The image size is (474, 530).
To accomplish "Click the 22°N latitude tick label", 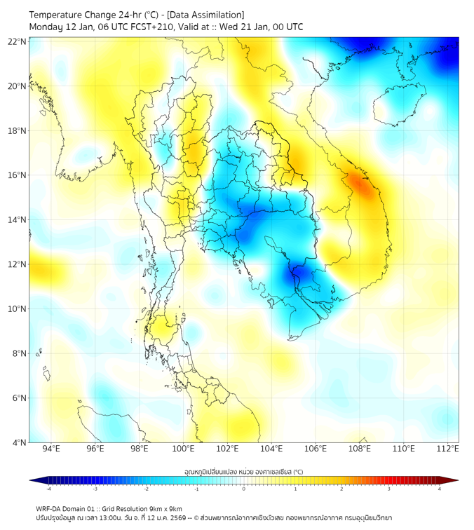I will [x=18, y=41].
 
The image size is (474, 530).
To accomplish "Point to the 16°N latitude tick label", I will [x=18, y=175].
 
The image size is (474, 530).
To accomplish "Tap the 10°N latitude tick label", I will [x=18, y=309].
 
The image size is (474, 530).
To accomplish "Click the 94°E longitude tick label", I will [x=51, y=449].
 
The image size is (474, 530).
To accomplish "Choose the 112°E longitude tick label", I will [x=448, y=449].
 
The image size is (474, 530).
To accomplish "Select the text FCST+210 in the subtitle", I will [x=152, y=27].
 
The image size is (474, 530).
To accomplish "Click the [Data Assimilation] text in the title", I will [x=207, y=15].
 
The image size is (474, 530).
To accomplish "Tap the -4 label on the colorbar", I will [x=48, y=489].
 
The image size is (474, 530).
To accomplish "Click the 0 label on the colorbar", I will [x=244, y=489].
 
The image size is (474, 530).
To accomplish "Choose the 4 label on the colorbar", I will [x=440, y=489].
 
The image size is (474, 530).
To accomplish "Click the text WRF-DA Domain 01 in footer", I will [x=69, y=508].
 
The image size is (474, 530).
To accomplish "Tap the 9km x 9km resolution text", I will [x=163, y=508].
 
